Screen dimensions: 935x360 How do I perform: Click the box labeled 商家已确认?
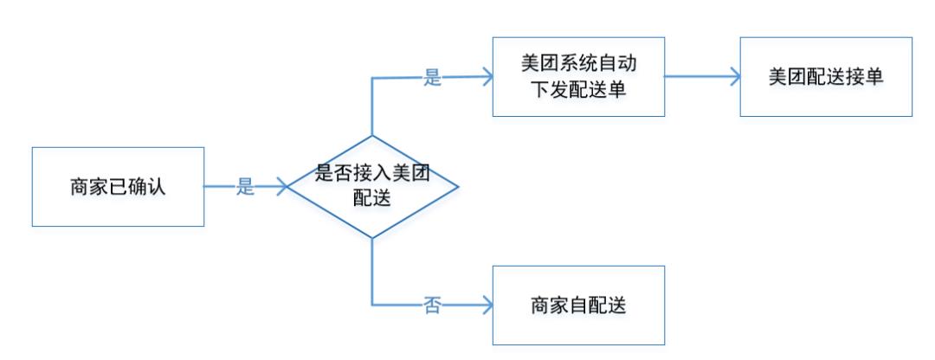click(x=118, y=187)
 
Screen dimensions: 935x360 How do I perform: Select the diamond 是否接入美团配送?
click(x=373, y=187)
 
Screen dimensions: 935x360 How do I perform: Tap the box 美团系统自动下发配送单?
click(x=578, y=77)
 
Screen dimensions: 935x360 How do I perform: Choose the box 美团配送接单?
click(x=826, y=77)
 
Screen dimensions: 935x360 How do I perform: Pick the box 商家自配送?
click(x=578, y=305)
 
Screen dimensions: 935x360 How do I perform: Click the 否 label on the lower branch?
click(x=432, y=305)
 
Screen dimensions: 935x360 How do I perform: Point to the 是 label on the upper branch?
click(x=432, y=78)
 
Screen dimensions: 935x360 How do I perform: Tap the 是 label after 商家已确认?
click(x=245, y=187)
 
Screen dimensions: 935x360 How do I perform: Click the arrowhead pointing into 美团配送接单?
click(x=734, y=77)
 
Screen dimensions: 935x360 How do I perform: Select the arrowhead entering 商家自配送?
click(x=487, y=305)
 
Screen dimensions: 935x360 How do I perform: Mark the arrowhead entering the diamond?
click(x=282, y=187)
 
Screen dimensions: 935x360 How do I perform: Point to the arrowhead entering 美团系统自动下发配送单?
click(x=487, y=76)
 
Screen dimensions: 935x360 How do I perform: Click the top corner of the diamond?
click(x=372, y=135)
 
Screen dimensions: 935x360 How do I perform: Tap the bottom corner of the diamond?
click(x=372, y=238)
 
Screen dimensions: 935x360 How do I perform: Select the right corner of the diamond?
click(x=459, y=187)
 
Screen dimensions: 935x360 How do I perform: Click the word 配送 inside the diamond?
click(x=372, y=198)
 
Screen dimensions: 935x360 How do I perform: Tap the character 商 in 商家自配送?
click(x=540, y=305)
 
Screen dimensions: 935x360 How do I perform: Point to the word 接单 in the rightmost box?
click(x=864, y=77)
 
